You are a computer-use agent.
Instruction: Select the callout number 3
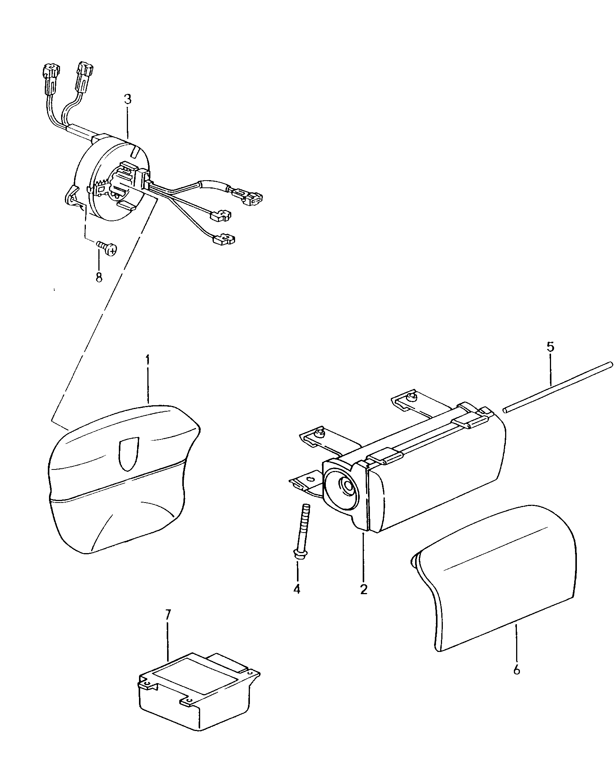pyautogui.click(x=128, y=100)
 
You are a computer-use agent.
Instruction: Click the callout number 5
pyautogui.click(x=550, y=347)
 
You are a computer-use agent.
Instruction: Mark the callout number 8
pyautogui.click(x=99, y=277)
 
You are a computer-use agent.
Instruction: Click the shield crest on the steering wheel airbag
pyautogui.click(x=129, y=453)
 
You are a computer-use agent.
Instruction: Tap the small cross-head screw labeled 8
pyautogui.click(x=107, y=247)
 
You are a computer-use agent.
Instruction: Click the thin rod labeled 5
pyautogui.click(x=558, y=387)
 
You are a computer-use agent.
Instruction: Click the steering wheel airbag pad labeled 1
pyautogui.click(x=125, y=479)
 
